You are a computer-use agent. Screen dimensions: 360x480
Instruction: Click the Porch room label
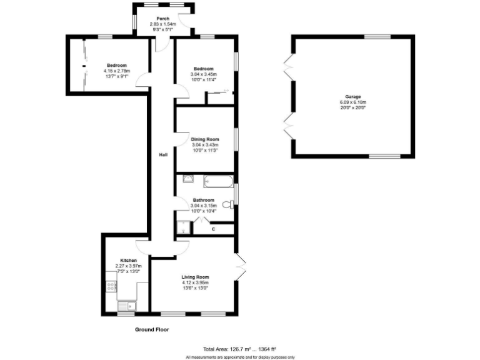tap(162, 18)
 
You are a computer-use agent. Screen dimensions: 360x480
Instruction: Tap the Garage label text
tap(353, 96)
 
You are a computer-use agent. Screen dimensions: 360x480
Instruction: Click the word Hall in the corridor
tap(162, 154)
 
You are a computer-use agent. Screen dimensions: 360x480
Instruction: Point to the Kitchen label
tap(129, 260)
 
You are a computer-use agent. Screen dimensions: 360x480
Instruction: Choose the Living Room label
tap(195, 277)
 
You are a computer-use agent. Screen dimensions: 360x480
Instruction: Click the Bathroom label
tap(204, 200)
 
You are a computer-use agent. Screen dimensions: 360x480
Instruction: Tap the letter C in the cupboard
tap(213, 229)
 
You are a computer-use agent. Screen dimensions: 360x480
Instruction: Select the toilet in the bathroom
tap(227, 202)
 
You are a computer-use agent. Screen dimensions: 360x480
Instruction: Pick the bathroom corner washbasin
tap(187, 179)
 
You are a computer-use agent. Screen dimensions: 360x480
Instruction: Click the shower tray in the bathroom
tap(184, 227)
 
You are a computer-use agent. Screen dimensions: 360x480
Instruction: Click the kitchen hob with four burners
tap(112, 287)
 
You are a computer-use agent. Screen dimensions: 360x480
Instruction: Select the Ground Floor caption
tap(152, 329)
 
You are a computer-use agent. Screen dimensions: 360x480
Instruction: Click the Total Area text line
tap(239, 349)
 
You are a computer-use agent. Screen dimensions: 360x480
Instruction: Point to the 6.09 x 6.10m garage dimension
tap(353, 102)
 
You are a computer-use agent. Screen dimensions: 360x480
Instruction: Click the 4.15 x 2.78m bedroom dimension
tap(117, 71)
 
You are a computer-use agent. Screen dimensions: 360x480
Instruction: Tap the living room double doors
tap(241, 266)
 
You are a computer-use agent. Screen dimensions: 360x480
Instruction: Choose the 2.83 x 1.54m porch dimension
tap(162, 24)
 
